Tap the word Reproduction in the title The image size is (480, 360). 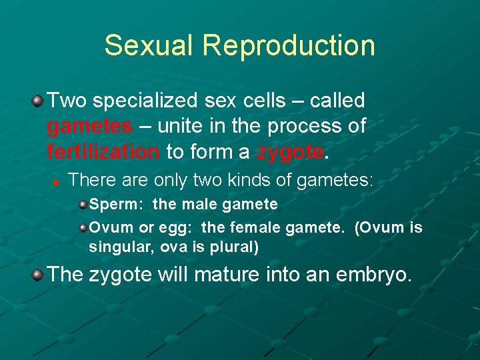click(x=289, y=45)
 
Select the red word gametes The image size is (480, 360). click(x=89, y=126)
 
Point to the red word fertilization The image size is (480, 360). click(x=103, y=151)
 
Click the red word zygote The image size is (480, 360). click(x=290, y=151)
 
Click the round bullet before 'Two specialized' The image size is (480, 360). click(x=37, y=101)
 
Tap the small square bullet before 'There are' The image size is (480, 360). click(x=58, y=181)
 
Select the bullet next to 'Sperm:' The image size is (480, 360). click(x=82, y=204)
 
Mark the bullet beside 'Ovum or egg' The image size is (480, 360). click(x=82, y=228)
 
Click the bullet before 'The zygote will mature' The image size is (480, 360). click(x=37, y=274)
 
